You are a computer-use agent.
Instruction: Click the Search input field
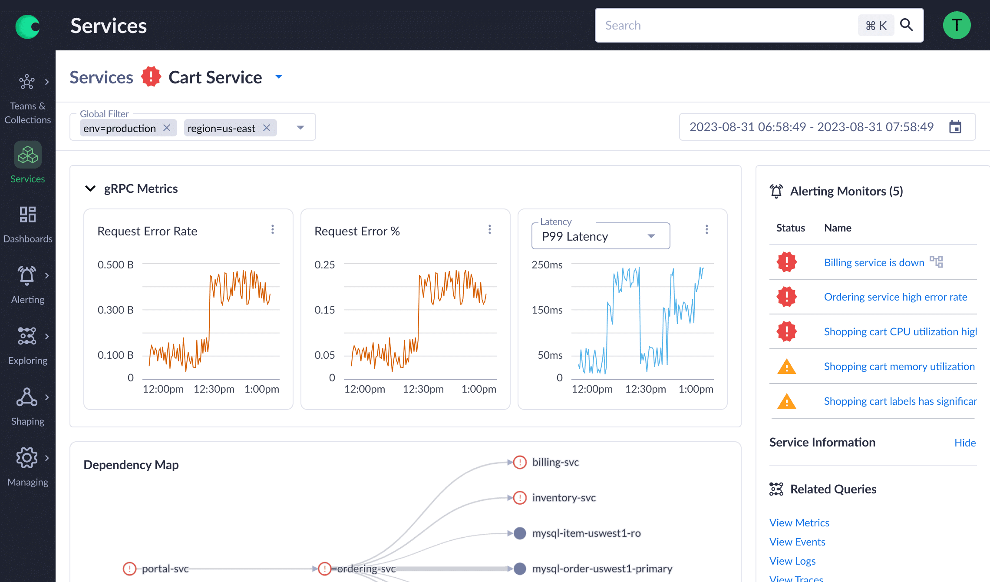click(x=725, y=25)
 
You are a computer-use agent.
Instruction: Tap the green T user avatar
click(x=957, y=25)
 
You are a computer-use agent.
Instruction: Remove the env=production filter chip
click(x=167, y=128)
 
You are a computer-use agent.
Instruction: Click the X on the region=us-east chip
click(x=267, y=128)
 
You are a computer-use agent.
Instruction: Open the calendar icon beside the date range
click(x=955, y=127)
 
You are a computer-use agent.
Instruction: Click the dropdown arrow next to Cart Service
click(x=279, y=77)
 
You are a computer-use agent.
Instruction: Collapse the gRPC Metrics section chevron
click(x=90, y=188)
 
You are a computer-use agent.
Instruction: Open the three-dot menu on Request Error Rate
click(x=273, y=229)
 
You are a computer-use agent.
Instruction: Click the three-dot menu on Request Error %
click(x=490, y=229)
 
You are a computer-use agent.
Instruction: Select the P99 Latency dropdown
click(x=600, y=236)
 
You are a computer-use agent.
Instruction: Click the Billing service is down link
click(x=874, y=262)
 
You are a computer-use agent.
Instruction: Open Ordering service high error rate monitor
click(x=895, y=297)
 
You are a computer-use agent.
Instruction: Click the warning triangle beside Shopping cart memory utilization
click(x=786, y=367)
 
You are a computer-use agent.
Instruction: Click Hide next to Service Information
click(x=965, y=443)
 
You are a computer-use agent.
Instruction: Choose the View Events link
click(x=797, y=542)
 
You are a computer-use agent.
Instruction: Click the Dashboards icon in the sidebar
click(x=28, y=215)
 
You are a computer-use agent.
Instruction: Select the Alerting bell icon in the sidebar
click(x=27, y=275)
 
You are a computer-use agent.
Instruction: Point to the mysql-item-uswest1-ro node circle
click(x=520, y=533)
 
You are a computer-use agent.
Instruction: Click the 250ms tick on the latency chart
click(x=547, y=265)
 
